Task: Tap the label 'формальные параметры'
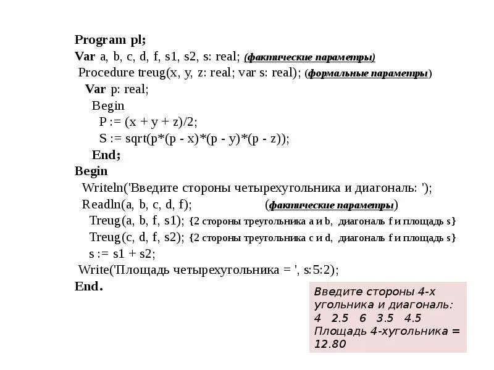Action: (368, 73)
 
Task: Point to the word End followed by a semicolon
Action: (106, 155)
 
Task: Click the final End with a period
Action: (88, 286)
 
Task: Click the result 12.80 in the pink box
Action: (330, 343)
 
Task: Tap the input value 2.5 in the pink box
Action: (340, 318)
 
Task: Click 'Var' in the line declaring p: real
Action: (95, 89)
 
